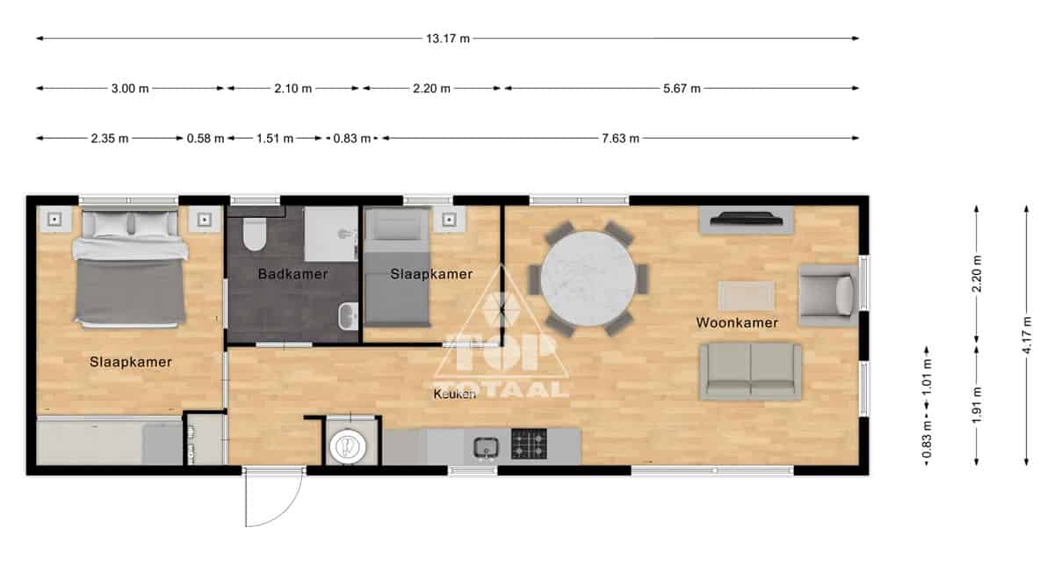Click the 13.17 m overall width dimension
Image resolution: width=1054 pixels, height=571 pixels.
(x=447, y=39)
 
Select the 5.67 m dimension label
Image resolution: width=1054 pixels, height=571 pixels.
(x=682, y=89)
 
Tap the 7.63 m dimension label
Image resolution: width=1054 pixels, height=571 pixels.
(x=620, y=139)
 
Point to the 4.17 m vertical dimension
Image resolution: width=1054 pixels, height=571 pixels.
(x=1027, y=336)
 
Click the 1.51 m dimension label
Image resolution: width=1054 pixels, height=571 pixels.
(x=275, y=139)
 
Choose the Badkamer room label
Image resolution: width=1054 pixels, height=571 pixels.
(x=292, y=274)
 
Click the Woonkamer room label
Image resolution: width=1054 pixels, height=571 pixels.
(x=737, y=323)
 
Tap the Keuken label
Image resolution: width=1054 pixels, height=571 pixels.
(x=455, y=394)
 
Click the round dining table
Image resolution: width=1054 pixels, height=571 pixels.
(x=588, y=278)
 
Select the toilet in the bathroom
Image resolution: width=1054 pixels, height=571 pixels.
(x=255, y=234)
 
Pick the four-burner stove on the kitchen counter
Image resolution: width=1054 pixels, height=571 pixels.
(x=530, y=444)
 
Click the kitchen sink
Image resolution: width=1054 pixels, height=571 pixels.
(x=486, y=447)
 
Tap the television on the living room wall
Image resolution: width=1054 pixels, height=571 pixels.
(x=747, y=219)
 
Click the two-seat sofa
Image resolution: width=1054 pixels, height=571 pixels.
(x=750, y=372)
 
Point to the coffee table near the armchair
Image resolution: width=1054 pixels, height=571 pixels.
(x=746, y=296)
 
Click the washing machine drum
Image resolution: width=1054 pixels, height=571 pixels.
(x=348, y=445)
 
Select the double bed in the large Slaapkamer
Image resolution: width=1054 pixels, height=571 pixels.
(x=130, y=268)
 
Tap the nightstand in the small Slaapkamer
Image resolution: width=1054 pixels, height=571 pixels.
(x=450, y=220)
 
